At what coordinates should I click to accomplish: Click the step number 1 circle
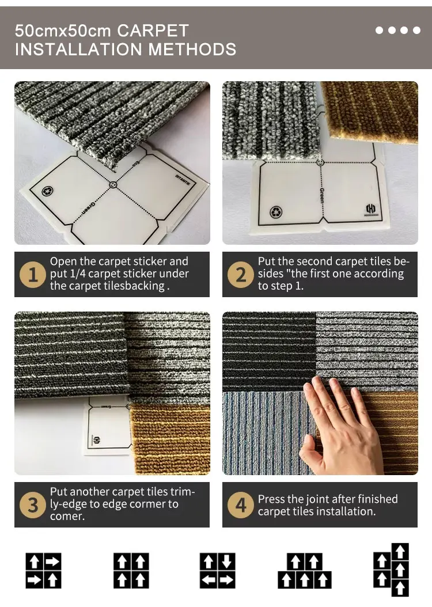click(33, 275)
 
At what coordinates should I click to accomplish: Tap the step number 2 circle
click(241, 275)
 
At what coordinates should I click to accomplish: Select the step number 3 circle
click(33, 505)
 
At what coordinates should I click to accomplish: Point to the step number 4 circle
click(241, 505)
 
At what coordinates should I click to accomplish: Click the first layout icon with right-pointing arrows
click(43, 571)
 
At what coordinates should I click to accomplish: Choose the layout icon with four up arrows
click(131, 571)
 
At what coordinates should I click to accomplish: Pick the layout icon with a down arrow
click(217, 571)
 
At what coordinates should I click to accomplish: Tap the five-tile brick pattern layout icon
click(305, 571)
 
